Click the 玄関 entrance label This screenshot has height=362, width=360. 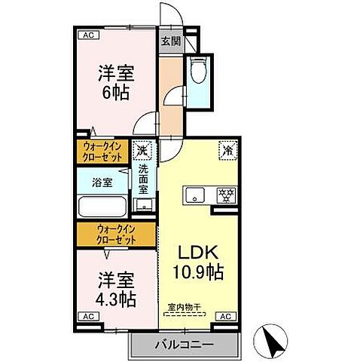[170, 42]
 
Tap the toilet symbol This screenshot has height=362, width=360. [199, 72]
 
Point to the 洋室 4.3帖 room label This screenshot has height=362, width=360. [115, 289]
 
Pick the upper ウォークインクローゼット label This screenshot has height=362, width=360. [104, 153]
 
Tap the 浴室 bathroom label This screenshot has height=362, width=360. [103, 183]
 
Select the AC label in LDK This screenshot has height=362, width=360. [224, 317]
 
